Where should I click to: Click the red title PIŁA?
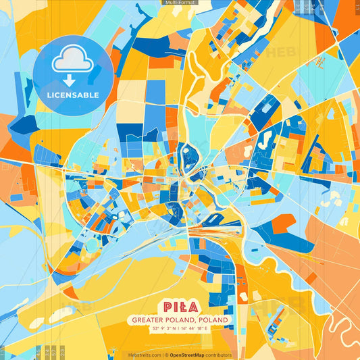pyautogui.click(x=179, y=307)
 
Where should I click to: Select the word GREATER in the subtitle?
pyautogui.click(x=147, y=319)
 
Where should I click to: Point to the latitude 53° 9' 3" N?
pyautogui.click(x=161, y=328)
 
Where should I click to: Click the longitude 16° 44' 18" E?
pyautogui.click(x=199, y=328)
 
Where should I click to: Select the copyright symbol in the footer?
pyautogui.click(x=165, y=355)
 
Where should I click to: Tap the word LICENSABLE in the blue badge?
pyautogui.click(x=73, y=94)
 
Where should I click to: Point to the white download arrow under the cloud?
pyautogui.click(x=73, y=80)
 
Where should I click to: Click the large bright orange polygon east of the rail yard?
pyautogui.click(x=284, y=223)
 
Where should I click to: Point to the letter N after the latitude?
pyautogui.click(x=173, y=328)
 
